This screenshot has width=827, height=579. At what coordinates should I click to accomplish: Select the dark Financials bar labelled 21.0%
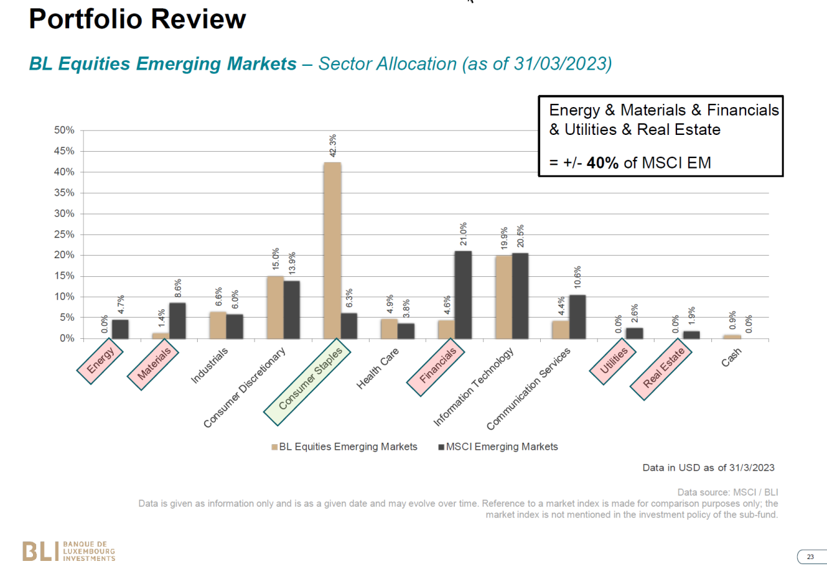point(463,294)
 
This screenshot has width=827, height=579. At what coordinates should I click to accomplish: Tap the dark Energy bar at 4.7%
point(120,329)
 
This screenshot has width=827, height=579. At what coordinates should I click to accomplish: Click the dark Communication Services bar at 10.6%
point(578,316)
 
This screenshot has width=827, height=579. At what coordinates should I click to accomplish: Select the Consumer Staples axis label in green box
point(308,383)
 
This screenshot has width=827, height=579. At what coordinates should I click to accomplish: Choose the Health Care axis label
point(377,369)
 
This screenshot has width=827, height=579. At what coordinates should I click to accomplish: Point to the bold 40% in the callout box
point(603,163)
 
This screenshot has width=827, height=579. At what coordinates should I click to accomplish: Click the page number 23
point(810,557)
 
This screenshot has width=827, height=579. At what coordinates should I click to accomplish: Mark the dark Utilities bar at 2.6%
point(634,333)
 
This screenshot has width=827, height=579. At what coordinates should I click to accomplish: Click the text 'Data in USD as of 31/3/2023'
point(708,467)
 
